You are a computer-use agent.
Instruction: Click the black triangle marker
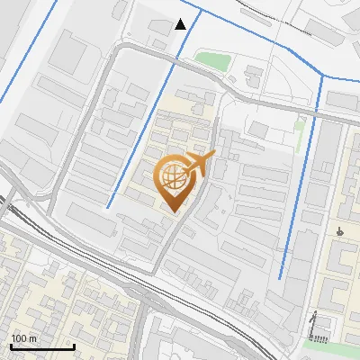[x=181, y=24]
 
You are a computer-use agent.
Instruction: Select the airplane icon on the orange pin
[x=200, y=165]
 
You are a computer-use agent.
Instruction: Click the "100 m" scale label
[x=23, y=338]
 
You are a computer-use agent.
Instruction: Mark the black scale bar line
[x=41, y=346]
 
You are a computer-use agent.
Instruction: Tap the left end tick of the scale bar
[x=11, y=346]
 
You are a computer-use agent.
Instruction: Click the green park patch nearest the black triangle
[x=213, y=61]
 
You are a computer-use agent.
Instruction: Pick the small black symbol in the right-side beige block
[x=339, y=231]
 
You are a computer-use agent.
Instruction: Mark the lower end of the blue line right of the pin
[x=281, y=277]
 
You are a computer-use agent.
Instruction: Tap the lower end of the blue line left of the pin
[x=108, y=208]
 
